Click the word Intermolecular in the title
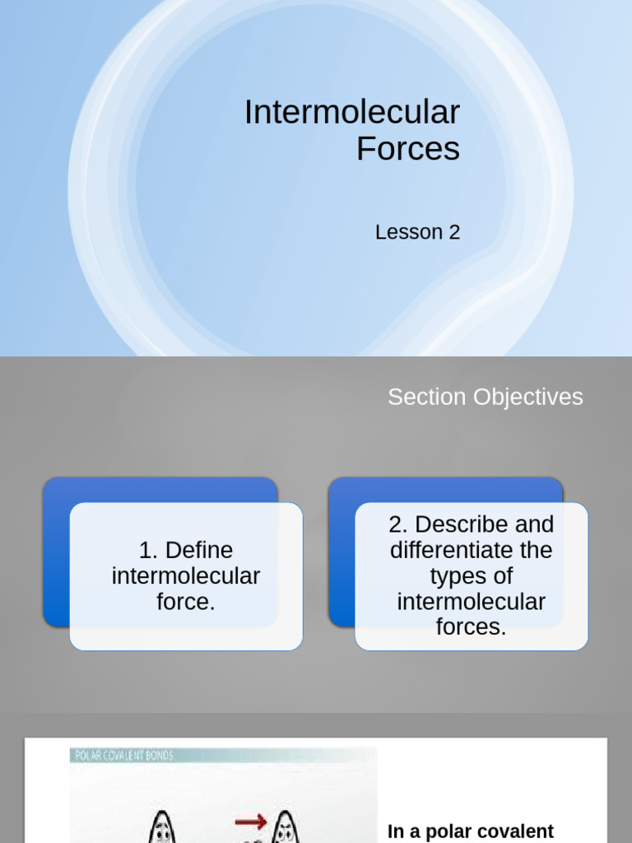(351, 112)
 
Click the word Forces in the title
(407, 149)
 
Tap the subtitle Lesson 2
(417, 232)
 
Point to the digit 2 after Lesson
(454, 232)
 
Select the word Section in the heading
(427, 397)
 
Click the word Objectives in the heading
(527, 397)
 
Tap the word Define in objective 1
(198, 550)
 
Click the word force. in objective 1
(186, 602)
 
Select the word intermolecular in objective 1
(186, 576)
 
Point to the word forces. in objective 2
(471, 627)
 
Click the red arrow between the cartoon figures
(250, 821)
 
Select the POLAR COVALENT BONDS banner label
(123, 755)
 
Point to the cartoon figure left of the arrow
(161, 827)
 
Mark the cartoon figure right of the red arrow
(285, 827)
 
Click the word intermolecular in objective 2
(471, 602)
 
